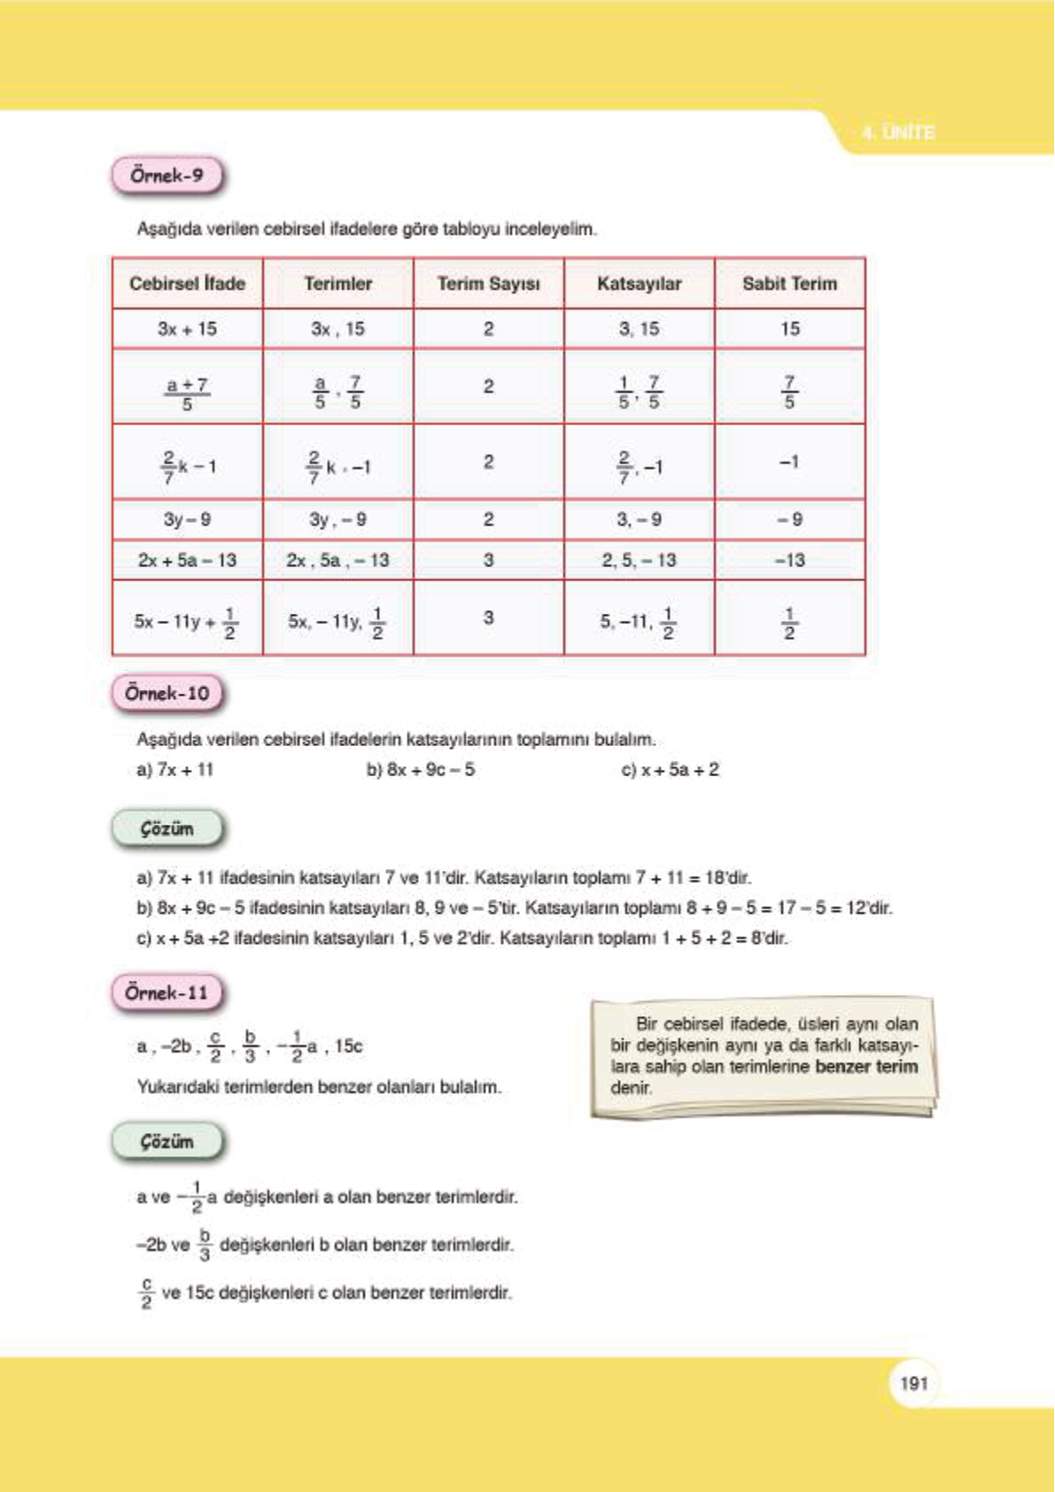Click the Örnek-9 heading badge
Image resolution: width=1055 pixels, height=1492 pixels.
point(167,175)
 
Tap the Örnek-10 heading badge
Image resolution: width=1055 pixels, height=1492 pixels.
point(167,694)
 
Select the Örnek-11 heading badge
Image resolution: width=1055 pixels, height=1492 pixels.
point(167,993)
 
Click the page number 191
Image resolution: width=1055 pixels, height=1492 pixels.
point(913,1383)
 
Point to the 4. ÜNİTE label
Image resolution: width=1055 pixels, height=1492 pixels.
point(898,133)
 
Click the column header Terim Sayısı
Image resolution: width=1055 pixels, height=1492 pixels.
point(488,284)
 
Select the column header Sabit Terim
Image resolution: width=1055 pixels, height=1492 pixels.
point(789,284)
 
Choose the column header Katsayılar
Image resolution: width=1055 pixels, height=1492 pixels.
point(639,284)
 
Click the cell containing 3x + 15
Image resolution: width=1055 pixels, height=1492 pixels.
point(187,330)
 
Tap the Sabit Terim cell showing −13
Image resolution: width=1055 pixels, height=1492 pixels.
point(789,561)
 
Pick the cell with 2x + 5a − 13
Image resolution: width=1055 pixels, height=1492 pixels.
point(187,561)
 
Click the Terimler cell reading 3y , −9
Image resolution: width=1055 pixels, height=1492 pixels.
point(337,520)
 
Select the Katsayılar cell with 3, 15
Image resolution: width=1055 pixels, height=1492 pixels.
point(639,330)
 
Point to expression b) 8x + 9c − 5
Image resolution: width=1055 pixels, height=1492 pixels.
point(421,770)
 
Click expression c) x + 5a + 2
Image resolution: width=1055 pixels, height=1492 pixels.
point(671,770)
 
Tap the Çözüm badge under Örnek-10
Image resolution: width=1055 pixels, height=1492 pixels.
point(167,829)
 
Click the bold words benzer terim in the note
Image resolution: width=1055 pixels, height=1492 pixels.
point(865,1067)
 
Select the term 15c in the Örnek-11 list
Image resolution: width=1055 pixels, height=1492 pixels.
point(349,1046)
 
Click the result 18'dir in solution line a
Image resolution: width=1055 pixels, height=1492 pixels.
point(728,879)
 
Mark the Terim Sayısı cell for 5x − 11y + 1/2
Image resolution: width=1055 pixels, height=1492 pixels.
point(488,618)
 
